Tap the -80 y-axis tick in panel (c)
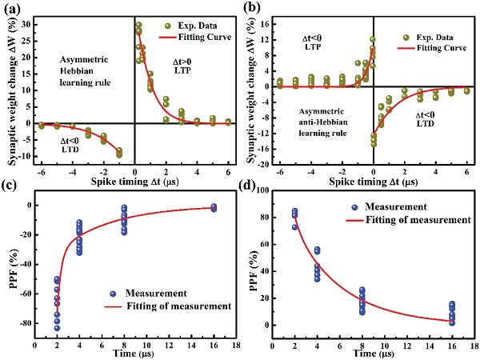tap(22, 323)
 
